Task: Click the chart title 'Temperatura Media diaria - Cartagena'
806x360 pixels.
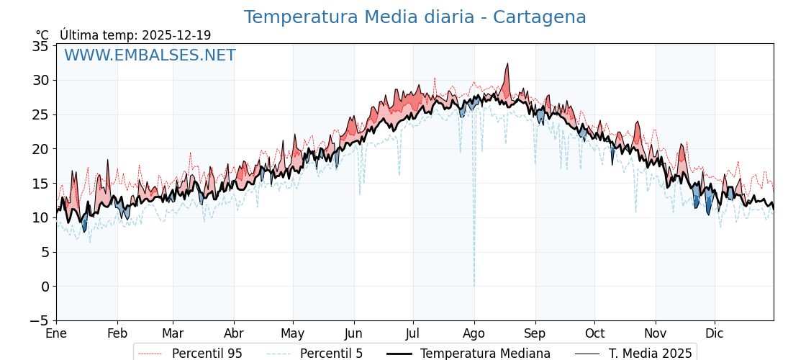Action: [415, 17]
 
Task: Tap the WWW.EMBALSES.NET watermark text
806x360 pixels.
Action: [150, 55]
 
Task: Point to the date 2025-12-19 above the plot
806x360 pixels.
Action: [176, 35]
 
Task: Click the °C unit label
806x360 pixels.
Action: [42, 35]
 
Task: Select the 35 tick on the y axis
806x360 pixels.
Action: [42, 46]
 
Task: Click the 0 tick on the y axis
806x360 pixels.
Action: [45, 287]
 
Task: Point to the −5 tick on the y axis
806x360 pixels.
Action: [40, 320]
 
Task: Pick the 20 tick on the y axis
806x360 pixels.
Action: [42, 149]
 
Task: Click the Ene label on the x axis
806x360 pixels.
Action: [56, 333]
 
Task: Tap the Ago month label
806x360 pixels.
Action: [474, 333]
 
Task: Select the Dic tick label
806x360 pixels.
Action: [715, 333]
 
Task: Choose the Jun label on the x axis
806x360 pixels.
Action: [353, 333]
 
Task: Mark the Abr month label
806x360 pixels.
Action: [234, 333]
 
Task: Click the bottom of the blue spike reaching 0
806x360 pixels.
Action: [474, 285]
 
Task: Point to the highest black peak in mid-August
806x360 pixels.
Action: [507, 64]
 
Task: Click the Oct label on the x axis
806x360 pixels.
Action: [594, 333]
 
